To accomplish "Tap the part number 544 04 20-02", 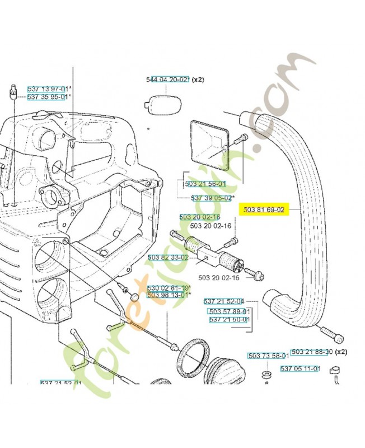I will [167, 80].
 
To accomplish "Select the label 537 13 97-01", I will [48, 89].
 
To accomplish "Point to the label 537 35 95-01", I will [48, 96].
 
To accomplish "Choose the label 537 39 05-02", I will [212, 198].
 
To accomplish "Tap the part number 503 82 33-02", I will [168, 257].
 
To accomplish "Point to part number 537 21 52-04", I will [223, 301].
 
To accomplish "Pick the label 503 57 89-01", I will [228, 311].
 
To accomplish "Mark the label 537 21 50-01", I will [228, 319].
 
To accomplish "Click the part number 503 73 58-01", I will [268, 356].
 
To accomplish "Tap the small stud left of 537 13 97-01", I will [12, 91].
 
